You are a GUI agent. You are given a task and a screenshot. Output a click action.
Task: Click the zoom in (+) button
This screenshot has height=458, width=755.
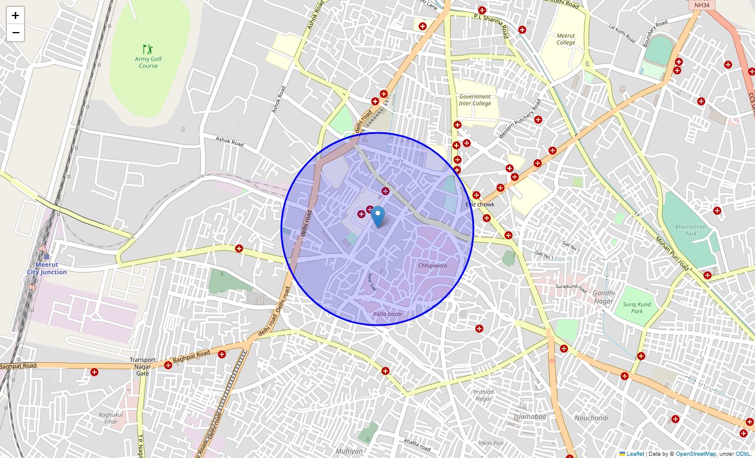(15, 15)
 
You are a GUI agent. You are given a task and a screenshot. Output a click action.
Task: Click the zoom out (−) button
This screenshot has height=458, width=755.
(15, 33)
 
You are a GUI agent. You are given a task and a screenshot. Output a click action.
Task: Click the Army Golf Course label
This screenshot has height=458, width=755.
(148, 62)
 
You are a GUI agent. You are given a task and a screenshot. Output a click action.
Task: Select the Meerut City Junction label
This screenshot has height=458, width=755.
(47, 269)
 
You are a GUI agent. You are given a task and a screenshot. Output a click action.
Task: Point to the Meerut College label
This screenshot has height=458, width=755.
(566, 39)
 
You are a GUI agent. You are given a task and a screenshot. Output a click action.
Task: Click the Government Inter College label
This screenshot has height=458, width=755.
(475, 100)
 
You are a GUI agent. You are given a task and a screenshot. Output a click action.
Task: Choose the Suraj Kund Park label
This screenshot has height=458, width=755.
(637, 308)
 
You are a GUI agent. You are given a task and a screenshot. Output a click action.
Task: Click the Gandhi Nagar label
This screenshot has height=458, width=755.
(603, 297)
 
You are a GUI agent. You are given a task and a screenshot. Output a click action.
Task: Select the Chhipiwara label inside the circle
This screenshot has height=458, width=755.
(432, 266)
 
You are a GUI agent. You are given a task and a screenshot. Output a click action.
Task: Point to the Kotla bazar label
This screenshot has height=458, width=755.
(388, 314)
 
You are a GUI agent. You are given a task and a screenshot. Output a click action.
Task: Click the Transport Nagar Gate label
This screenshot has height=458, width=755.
(142, 366)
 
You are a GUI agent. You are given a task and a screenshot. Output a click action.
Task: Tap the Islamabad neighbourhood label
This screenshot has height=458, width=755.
(530, 417)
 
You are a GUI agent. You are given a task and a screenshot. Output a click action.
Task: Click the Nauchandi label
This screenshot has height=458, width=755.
(591, 418)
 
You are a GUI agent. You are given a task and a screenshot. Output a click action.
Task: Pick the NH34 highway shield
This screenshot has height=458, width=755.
(702, 5)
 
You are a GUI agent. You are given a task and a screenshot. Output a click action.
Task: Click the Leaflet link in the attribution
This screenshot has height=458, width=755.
(635, 454)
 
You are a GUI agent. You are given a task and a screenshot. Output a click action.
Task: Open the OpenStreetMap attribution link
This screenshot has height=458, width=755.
(696, 454)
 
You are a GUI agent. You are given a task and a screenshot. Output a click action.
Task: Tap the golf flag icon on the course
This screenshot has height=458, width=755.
(148, 49)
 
